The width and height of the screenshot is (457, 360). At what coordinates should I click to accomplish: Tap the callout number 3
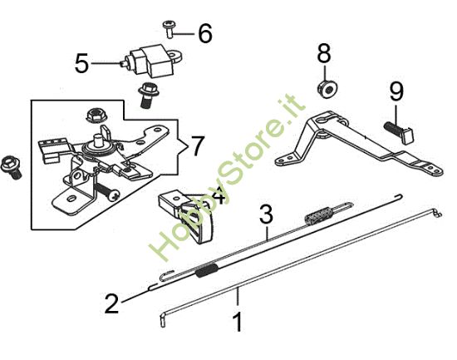[266, 214]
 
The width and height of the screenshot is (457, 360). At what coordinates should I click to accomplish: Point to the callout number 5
[81, 64]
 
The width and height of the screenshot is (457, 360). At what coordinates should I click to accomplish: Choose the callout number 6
[204, 33]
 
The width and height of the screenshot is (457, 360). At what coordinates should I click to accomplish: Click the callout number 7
[196, 147]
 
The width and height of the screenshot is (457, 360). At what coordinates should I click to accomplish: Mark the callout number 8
[324, 52]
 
